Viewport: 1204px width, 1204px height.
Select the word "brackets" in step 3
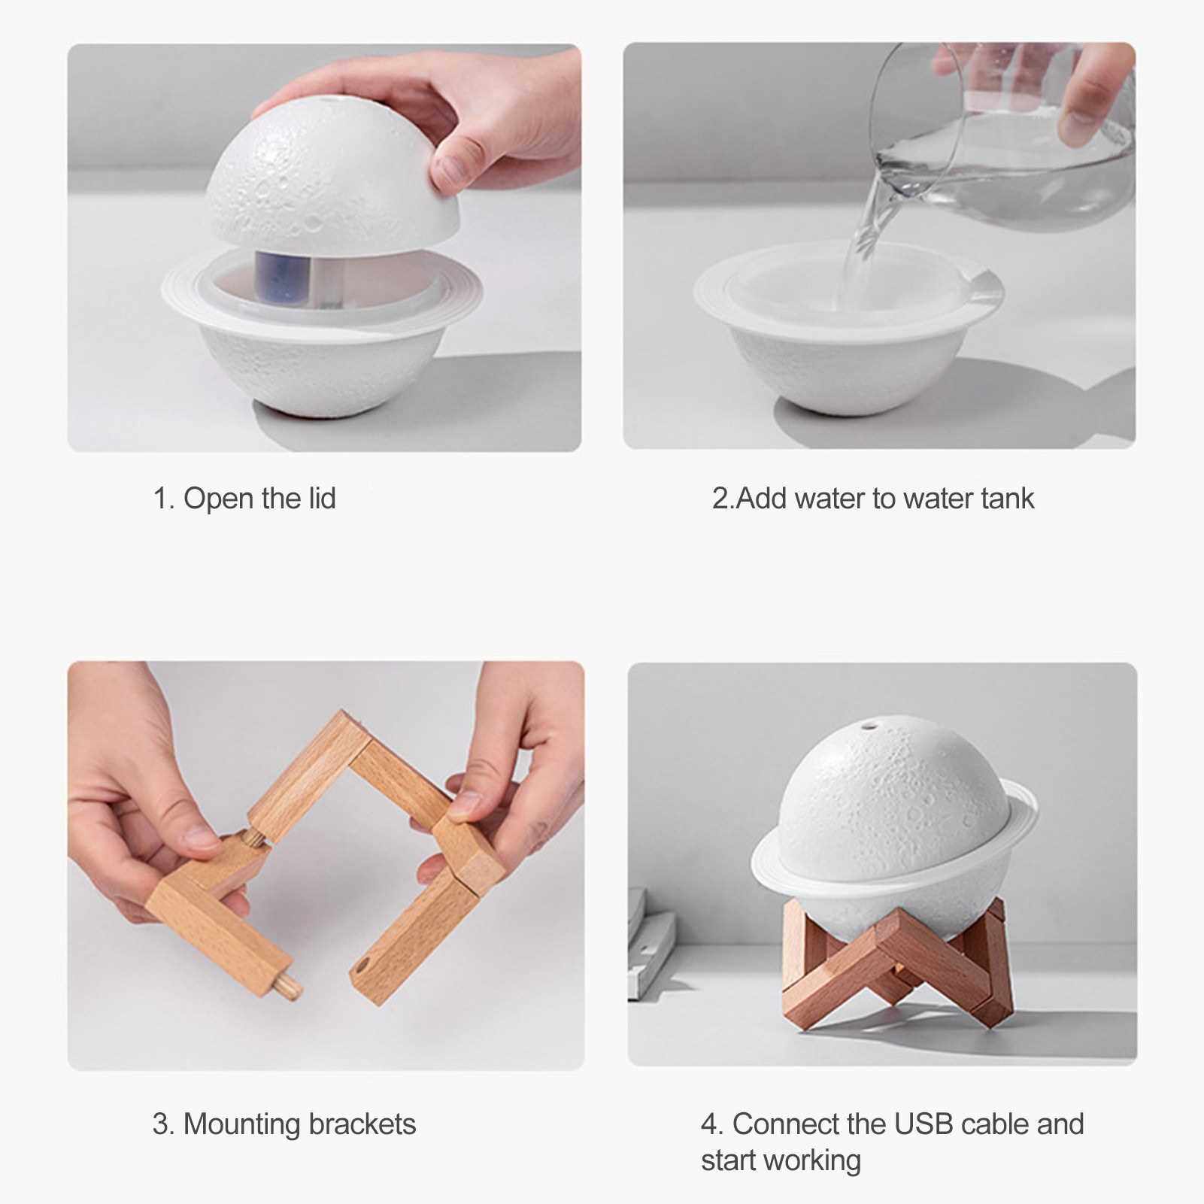[x=362, y=1124]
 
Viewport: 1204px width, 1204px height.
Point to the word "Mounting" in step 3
[x=241, y=1125]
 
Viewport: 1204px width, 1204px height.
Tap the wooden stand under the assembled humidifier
[x=895, y=962]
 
